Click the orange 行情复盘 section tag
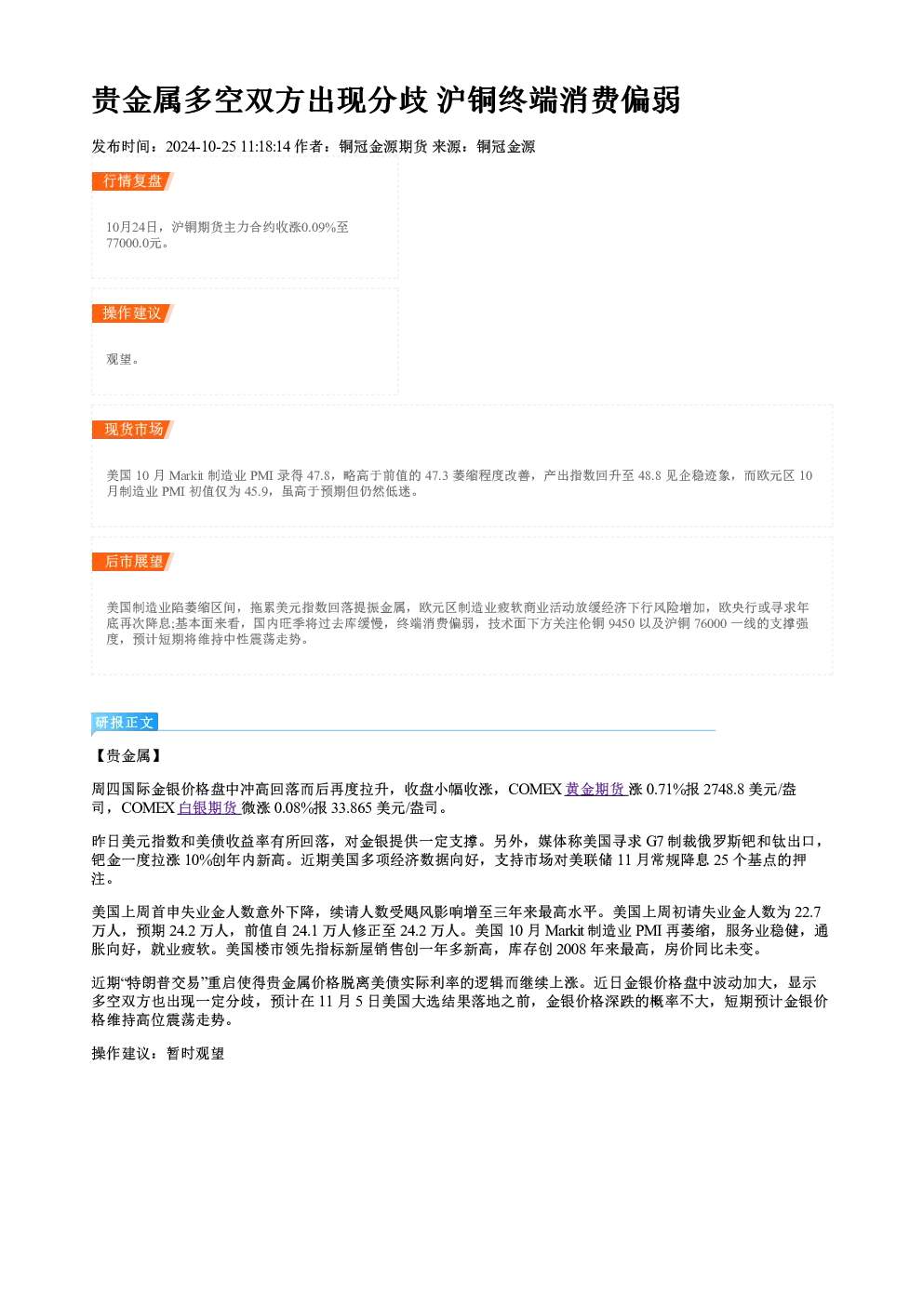(x=132, y=181)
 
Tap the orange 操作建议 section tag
(x=132, y=313)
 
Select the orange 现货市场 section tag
(x=133, y=430)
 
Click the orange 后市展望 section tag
(x=133, y=562)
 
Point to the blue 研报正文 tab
(x=125, y=723)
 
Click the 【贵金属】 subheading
(x=128, y=756)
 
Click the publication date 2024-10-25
(x=200, y=147)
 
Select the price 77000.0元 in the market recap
(x=134, y=244)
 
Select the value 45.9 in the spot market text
(x=256, y=492)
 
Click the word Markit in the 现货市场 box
(x=186, y=476)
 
